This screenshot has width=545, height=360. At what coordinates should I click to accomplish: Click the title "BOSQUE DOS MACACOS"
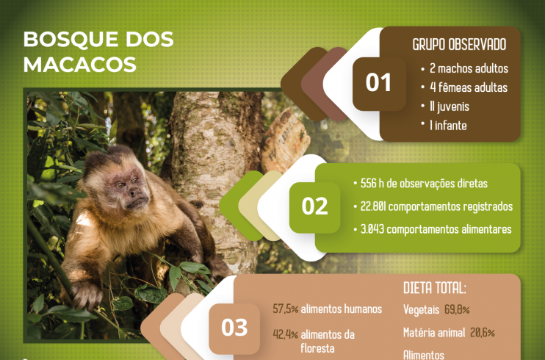pyautogui.click(x=98, y=52)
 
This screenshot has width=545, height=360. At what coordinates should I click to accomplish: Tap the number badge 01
pyautogui.click(x=379, y=84)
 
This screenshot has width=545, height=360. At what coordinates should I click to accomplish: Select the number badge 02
pyautogui.click(x=314, y=207)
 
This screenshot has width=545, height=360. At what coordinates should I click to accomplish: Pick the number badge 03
pyautogui.click(x=234, y=328)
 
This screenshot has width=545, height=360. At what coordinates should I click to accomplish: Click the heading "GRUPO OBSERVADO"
pyautogui.click(x=459, y=45)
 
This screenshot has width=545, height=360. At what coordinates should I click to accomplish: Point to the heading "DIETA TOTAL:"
pyautogui.click(x=435, y=288)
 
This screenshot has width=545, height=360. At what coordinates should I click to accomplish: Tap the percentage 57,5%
pyautogui.click(x=286, y=309)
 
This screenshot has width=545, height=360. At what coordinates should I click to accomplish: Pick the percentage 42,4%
pyautogui.click(x=286, y=334)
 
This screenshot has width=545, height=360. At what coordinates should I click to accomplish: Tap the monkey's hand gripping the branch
pyautogui.click(x=86, y=295)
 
